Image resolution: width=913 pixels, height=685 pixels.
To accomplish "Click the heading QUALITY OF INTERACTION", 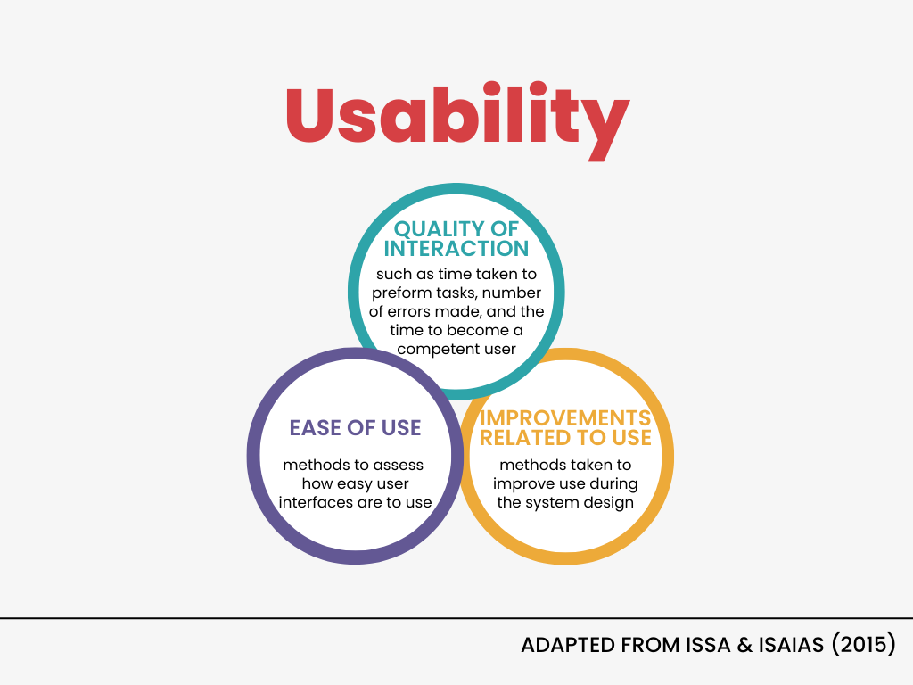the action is click(x=456, y=239).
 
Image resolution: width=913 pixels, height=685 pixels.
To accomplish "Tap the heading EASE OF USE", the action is click(x=355, y=427).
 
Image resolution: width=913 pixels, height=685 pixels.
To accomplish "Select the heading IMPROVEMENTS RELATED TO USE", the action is click(x=564, y=427).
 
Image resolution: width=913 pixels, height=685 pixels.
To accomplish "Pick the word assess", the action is click(x=399, y=466).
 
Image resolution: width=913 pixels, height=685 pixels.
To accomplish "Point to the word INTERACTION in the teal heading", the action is click(x=456, y=249).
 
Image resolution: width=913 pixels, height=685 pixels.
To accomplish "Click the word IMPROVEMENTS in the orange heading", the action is click(x=564, y=417).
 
